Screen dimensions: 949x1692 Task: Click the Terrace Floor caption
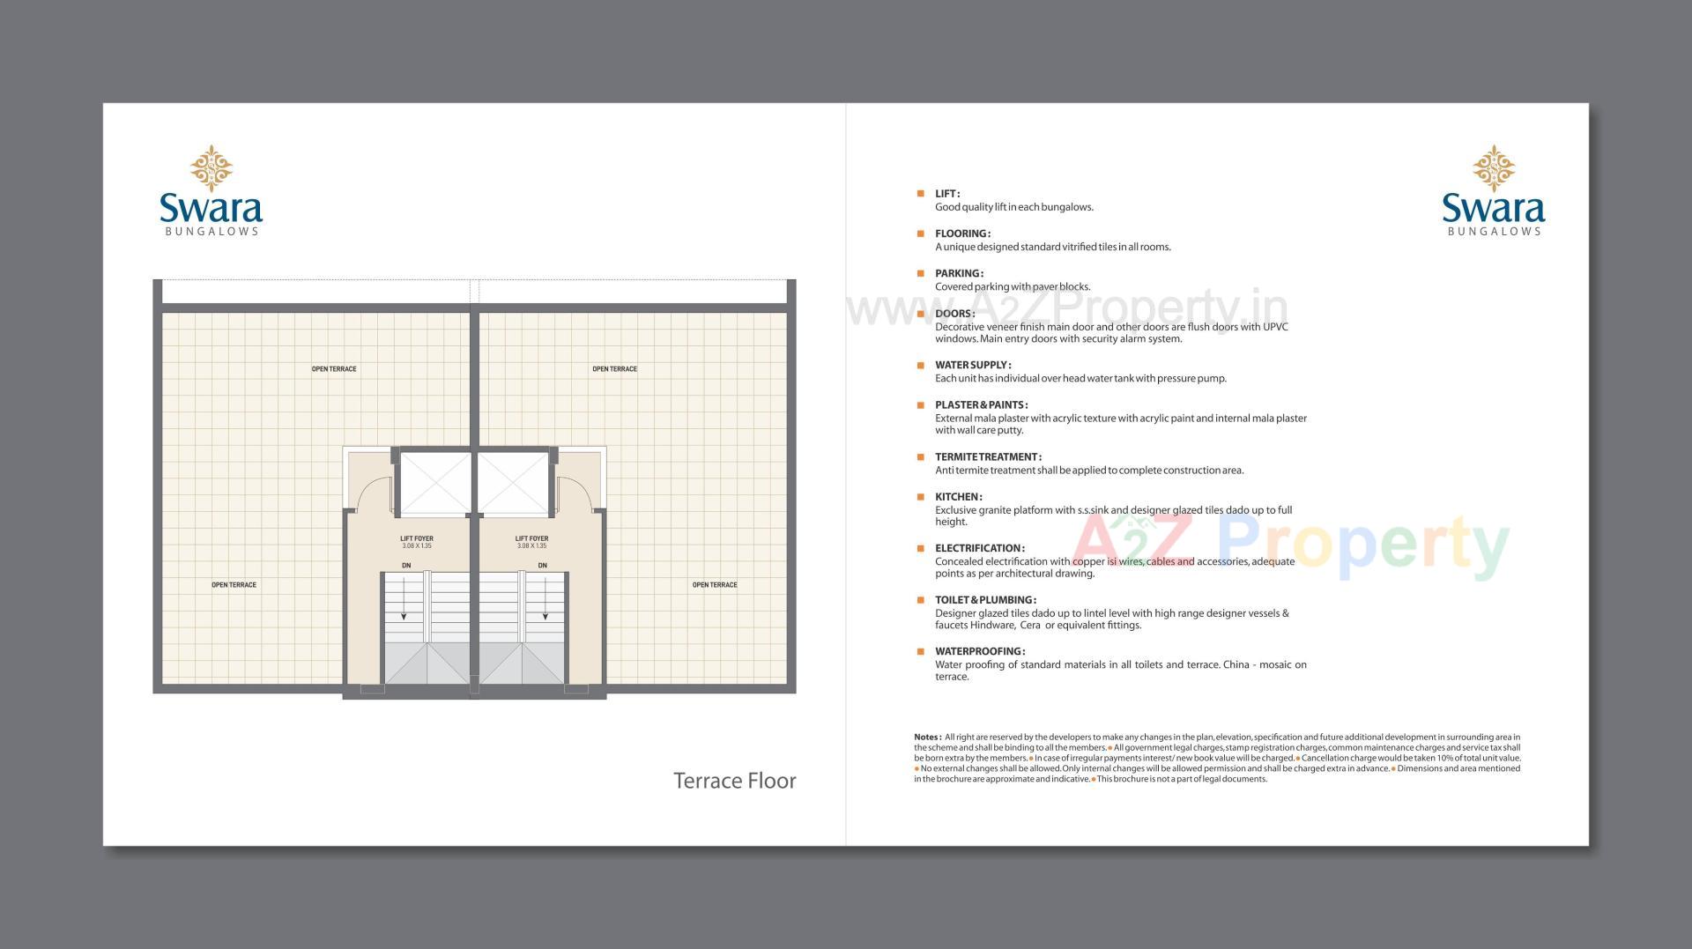coord(734,781)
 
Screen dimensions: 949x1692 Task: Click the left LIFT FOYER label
coord(417,538)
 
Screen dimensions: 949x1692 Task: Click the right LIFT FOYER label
coord(531,538)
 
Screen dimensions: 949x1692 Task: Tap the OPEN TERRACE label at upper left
coord(334,369)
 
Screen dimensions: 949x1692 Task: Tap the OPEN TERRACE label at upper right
coord(614,369)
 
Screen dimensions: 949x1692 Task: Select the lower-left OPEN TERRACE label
coord(234,585)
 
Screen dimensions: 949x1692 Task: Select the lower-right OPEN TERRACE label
coord(714,585)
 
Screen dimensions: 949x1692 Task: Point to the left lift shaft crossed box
coord(435,484)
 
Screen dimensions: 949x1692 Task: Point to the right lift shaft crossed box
coord(513,484)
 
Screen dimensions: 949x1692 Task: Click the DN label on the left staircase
coord(406,566)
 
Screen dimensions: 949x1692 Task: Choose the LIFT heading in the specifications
coord(947,194)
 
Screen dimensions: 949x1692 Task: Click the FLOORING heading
coord(962,234)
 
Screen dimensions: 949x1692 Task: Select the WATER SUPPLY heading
coord(973,365)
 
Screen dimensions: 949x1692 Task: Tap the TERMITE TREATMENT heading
coord(988,457)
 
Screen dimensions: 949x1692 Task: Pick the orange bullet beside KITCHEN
coord(920,497)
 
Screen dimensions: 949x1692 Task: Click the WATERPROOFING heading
coord(980,652)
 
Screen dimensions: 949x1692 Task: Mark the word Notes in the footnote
coord(927,738)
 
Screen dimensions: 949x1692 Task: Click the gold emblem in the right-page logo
coord(1493,168)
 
